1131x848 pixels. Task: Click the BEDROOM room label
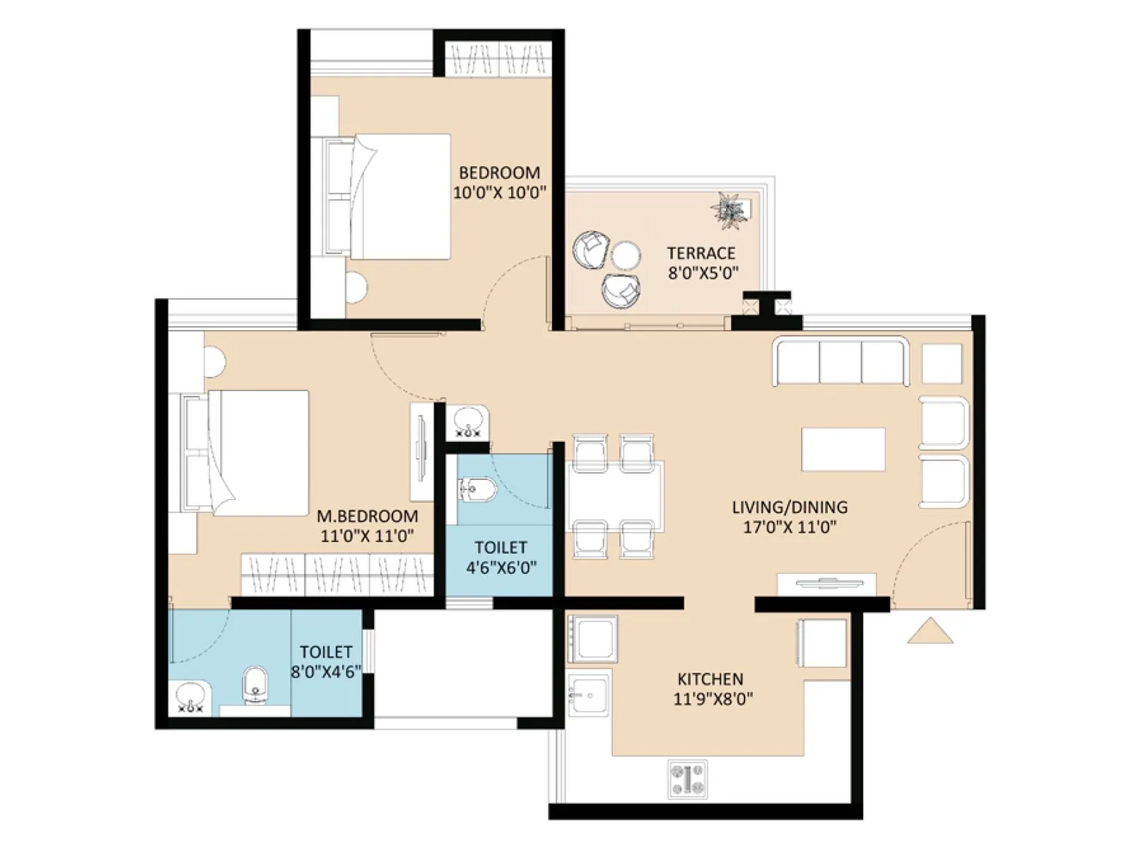(x=499, y=172)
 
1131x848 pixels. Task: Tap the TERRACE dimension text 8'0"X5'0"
(x=703, y=272)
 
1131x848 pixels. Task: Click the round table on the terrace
(x=626, y=255)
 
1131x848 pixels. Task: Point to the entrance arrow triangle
(x=930, y=632)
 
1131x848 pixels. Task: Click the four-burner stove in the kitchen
(x=687, y=779)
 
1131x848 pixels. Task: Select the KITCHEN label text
(x=710, y=679)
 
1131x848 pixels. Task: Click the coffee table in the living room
(x=843, y=449)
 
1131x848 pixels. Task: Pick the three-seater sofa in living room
(x=840, y=362)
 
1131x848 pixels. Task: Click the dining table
(x=615, y=496)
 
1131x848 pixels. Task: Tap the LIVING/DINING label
(x=789, y=507)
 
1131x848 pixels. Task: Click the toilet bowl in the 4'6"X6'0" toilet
(x=478, y=489)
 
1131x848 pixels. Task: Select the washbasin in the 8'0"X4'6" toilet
(x=189, y=697)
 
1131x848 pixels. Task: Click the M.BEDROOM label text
(x=367, y=516)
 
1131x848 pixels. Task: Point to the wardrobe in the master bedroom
(x=336, y=574)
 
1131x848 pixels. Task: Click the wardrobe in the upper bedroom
(x=499, y=58)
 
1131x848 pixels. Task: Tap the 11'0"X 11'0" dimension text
(x=367, y=536)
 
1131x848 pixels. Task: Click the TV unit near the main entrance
(x=827, y=584)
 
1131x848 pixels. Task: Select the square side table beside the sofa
(x=942, y=363)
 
